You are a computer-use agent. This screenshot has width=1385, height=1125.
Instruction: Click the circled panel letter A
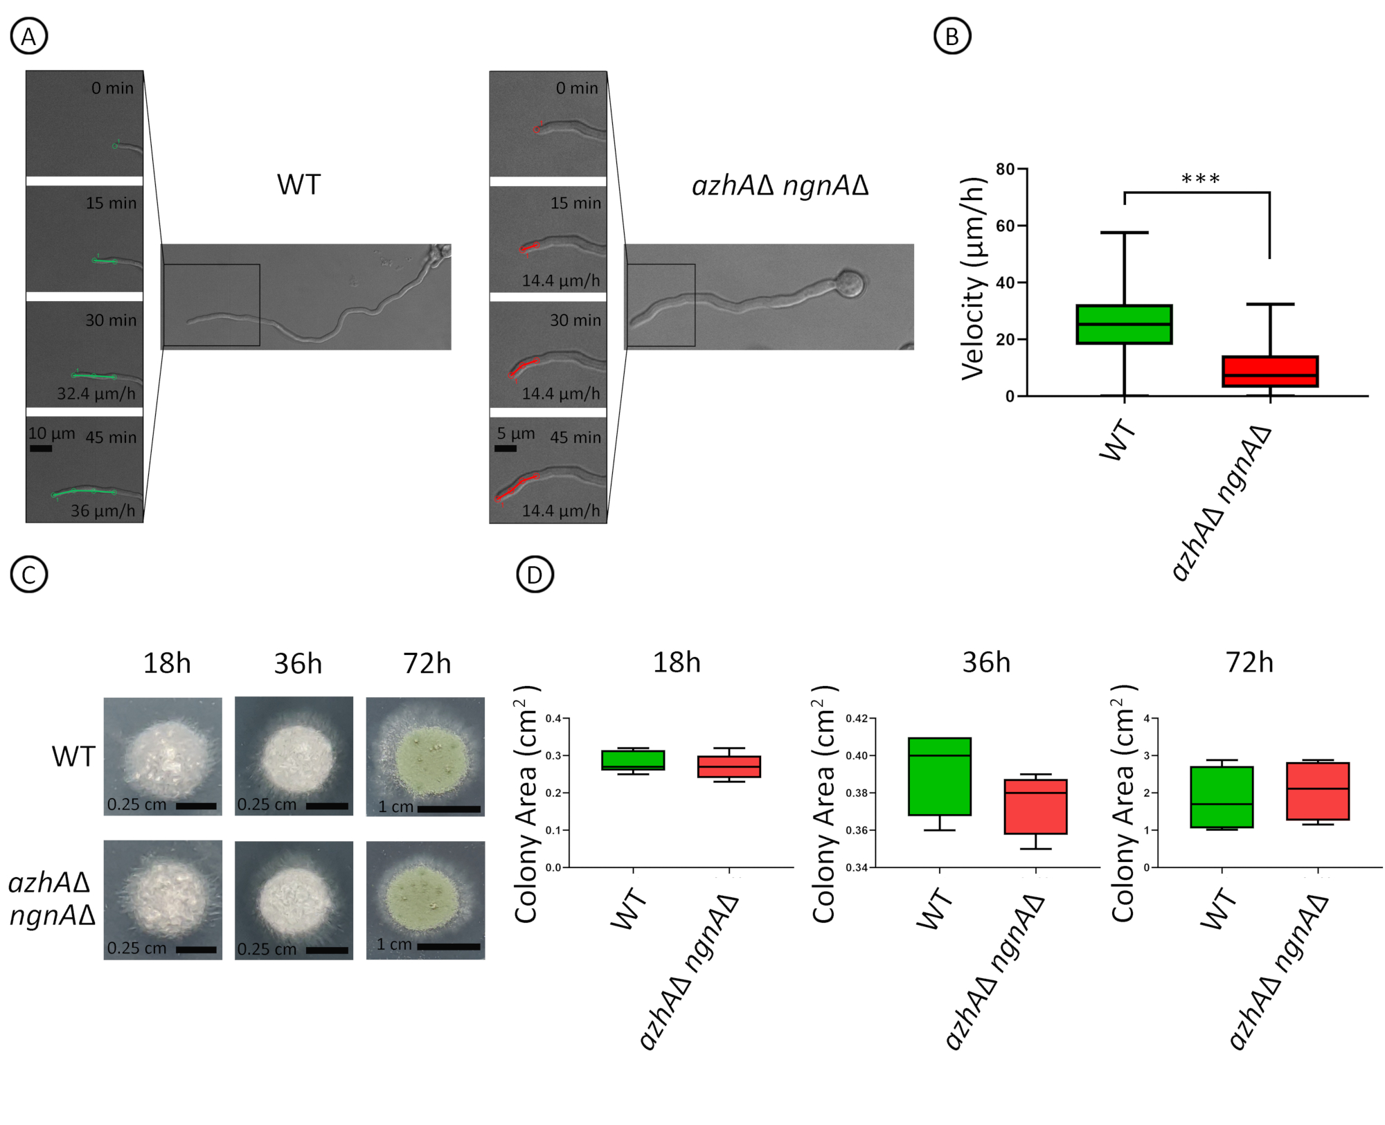(28, 36)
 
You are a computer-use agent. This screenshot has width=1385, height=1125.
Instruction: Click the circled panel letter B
(952, 36)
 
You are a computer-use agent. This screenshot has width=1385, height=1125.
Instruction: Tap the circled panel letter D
(535, 575)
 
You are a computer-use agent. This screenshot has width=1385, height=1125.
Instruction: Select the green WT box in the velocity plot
(1124, 324)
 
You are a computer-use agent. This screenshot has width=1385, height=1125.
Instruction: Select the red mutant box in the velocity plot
(1270, 372)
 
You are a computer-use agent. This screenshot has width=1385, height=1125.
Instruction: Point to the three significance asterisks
(1200, 179)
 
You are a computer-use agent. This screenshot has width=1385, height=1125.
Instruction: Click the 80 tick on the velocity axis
(1005, 169)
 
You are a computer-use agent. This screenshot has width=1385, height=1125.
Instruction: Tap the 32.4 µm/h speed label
(96, 394)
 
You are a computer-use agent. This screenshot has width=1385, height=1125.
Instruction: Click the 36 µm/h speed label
(102, 511)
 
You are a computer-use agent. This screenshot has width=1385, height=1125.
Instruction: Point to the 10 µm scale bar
(41, 449)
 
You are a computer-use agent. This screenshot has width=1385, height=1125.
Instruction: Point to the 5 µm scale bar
(506, 449)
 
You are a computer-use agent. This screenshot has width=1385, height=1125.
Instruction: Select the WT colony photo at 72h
(425, 756)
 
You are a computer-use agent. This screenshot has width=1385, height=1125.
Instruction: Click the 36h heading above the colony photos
(298, 664)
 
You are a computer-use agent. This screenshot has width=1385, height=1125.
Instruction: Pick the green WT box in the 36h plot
(940, 776)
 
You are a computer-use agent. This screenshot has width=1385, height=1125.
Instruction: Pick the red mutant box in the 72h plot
(1318, 791)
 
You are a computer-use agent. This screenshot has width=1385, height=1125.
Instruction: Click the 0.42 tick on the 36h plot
(857, 719)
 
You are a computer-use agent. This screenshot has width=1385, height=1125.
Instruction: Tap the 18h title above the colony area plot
(677, 663)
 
